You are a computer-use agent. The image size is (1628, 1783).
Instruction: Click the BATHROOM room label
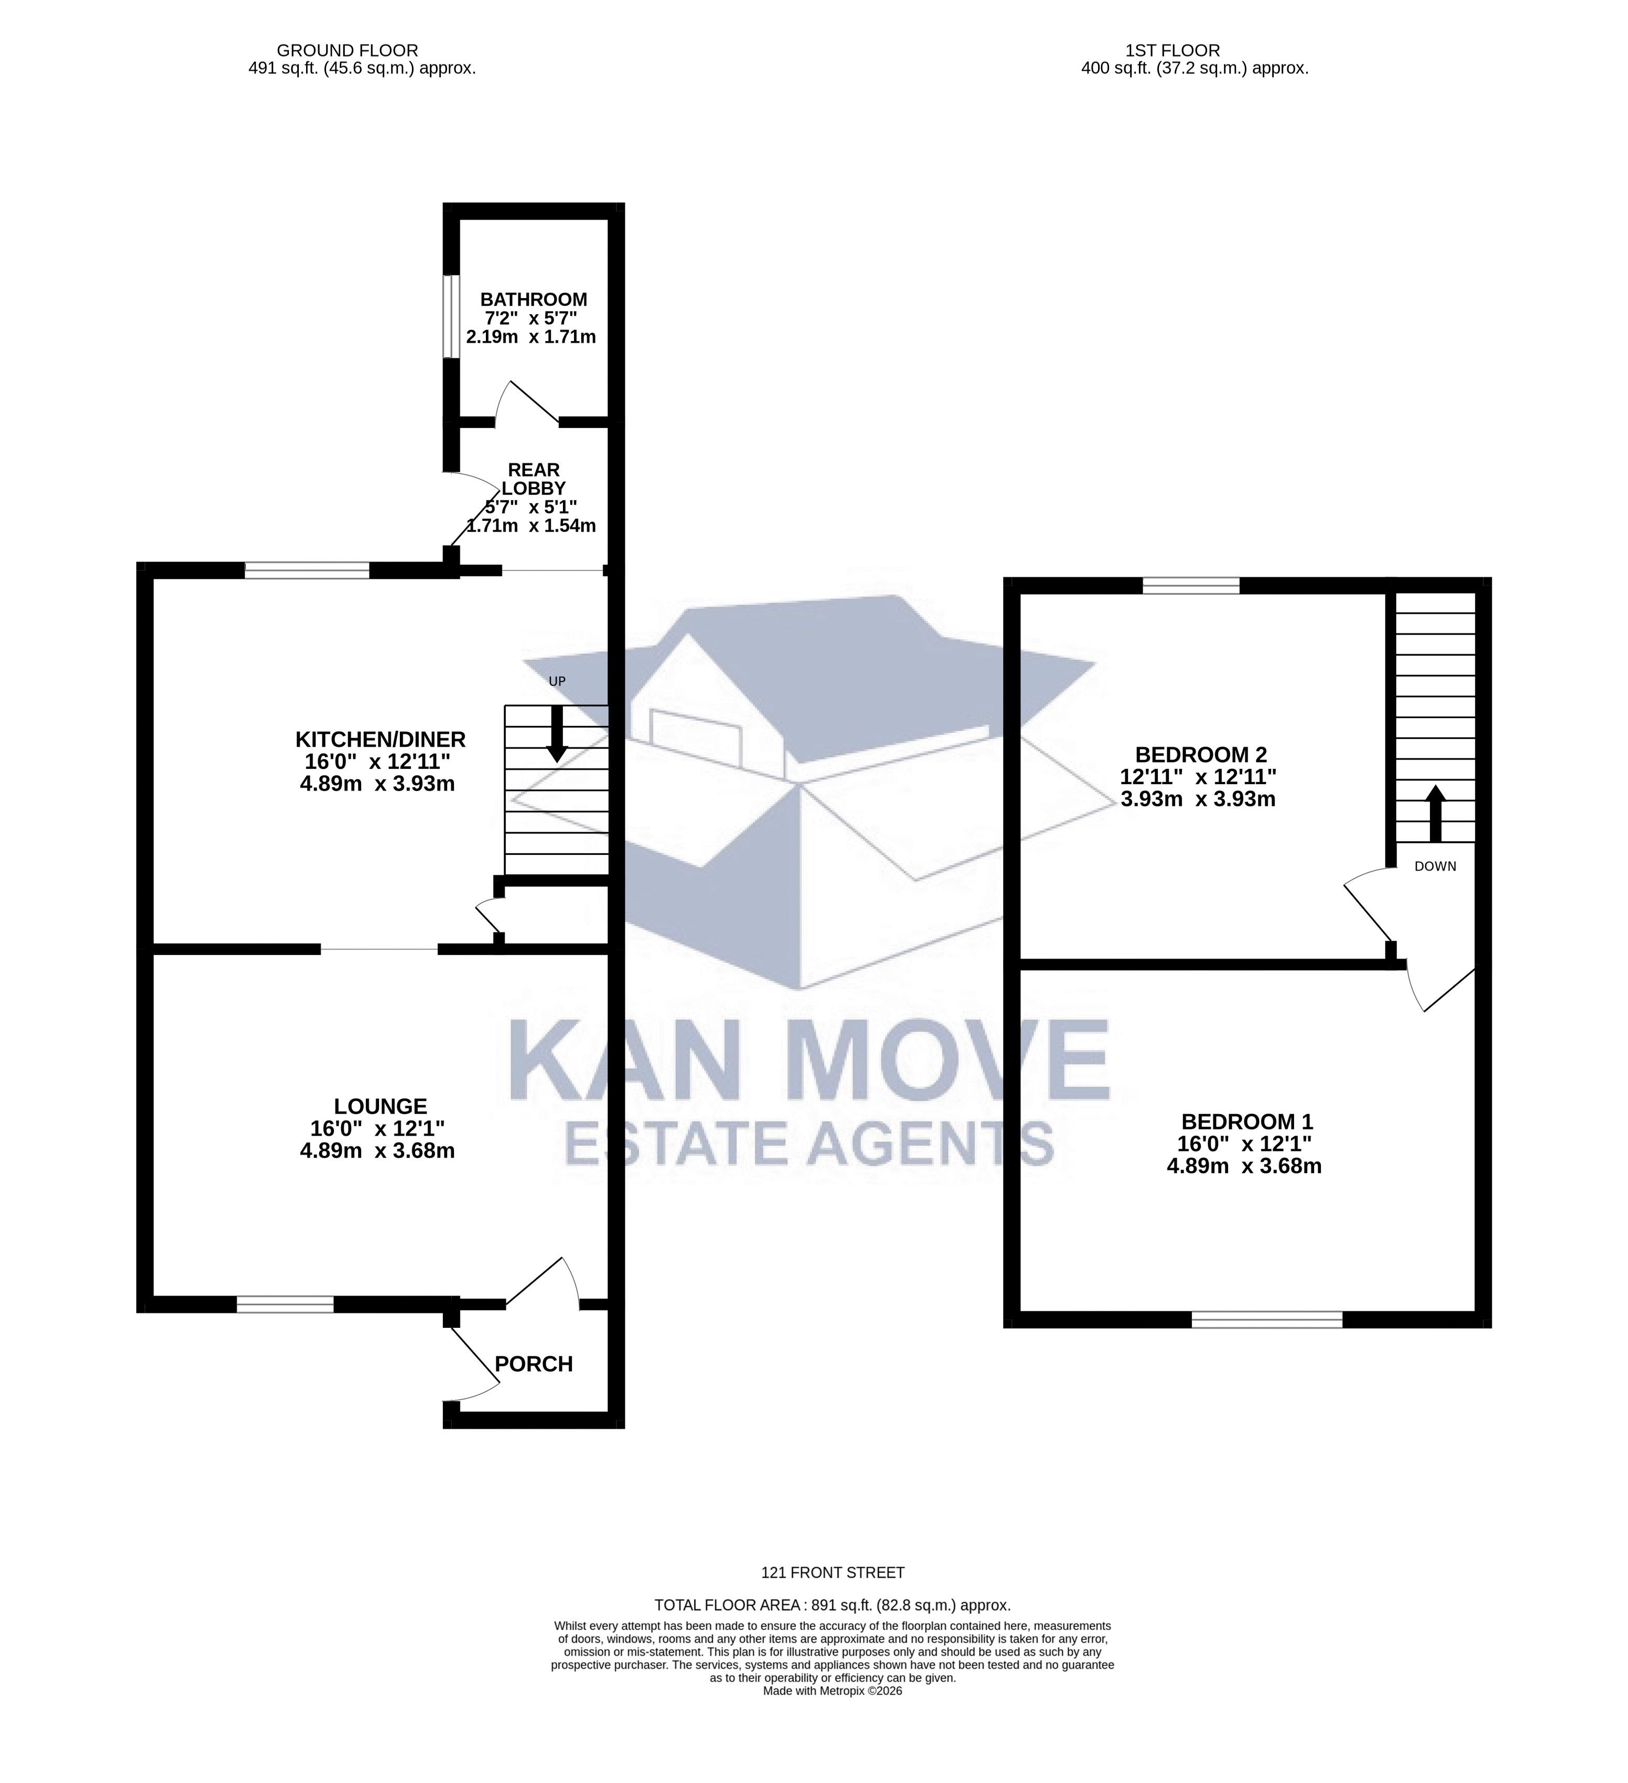[534, 299]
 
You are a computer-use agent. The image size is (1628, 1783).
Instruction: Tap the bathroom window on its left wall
[451, 316]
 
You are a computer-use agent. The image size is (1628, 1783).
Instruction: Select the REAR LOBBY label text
[534, 478]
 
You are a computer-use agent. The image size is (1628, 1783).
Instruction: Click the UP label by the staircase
[557, 681]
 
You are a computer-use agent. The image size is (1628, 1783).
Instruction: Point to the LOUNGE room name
[381, 1106]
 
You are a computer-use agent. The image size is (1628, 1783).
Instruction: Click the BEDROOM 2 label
[1201, 754]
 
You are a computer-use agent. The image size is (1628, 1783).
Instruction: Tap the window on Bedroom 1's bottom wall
[1267, 1319]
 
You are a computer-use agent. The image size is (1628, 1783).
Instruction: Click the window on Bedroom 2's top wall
[1191, 585]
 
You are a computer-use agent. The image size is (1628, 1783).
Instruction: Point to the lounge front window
[285, 1304]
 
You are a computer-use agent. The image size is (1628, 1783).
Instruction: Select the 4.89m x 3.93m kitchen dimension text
[378, 784]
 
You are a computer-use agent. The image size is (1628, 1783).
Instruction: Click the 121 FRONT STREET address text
[832, 1572]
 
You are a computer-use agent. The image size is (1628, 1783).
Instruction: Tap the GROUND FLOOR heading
[347, 50]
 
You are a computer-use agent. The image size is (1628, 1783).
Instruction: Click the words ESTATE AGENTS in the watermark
[809, 1143]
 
